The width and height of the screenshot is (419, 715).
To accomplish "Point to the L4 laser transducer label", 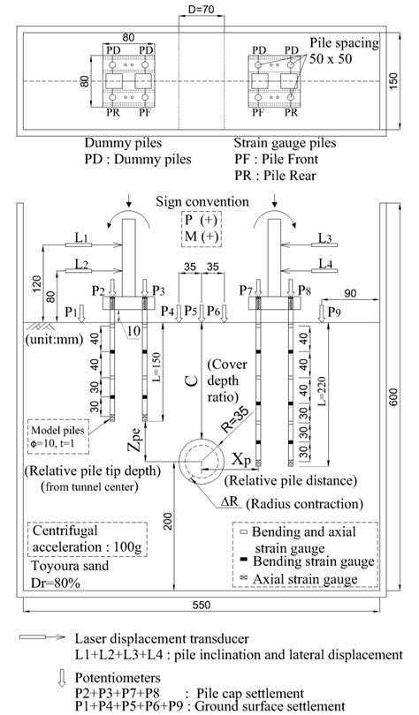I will click(325, 262).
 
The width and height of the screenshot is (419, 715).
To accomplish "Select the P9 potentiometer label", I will click(334, 311).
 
